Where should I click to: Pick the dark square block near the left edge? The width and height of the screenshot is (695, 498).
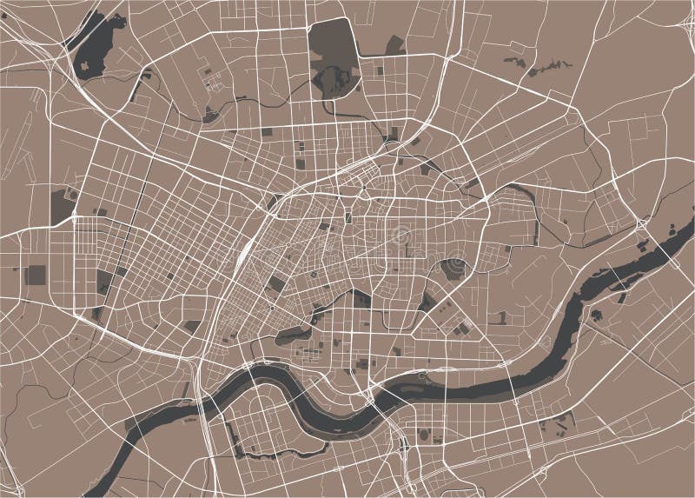click(x=36, y=275)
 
